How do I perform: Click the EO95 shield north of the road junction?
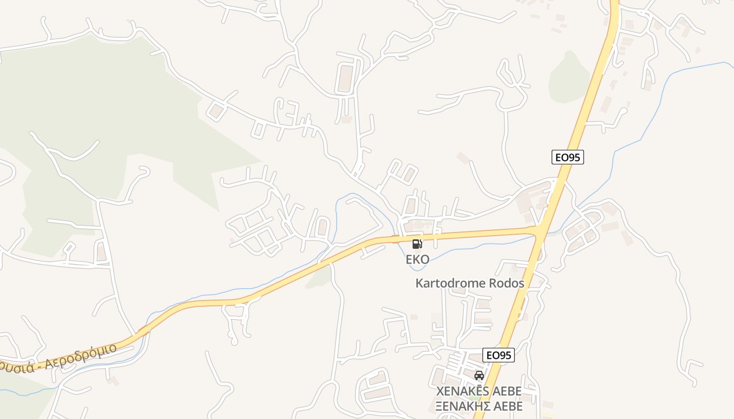[568, 157]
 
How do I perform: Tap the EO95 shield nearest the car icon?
[498, 355]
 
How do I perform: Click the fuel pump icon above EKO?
[417, 244]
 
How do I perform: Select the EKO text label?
[417, 259]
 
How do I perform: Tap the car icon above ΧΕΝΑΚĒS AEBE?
[479, 375]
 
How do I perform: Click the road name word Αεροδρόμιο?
[81, 357]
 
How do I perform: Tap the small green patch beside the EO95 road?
[569, 79]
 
